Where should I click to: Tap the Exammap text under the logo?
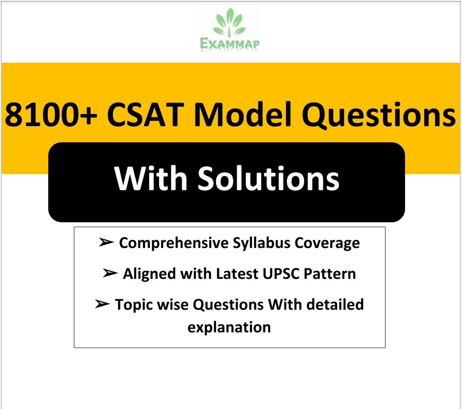[230, 44]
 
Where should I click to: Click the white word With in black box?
[152, 179]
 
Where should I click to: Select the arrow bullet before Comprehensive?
[106, 243]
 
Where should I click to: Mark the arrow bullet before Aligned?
[110, 274]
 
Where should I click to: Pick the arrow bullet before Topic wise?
[102, 305]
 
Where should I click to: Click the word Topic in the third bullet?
[133, 305]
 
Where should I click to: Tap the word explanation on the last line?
[229, 327]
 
